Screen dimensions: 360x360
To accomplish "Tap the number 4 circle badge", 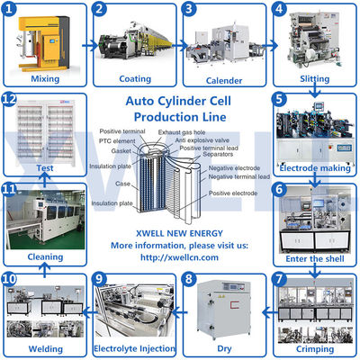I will click(279, 11).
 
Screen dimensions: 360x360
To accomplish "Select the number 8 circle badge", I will click(189, 279).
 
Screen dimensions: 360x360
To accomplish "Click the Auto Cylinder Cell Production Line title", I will click(179, 110).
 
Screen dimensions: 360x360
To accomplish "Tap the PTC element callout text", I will click(116, 142).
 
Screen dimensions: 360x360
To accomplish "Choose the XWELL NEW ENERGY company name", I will click(179, 232).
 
